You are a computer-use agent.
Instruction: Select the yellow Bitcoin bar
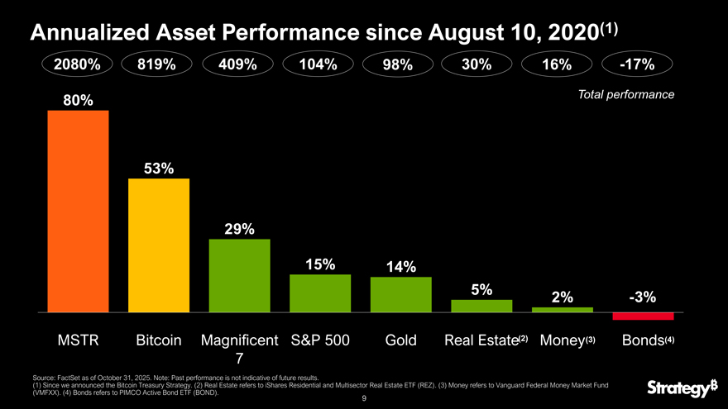159,245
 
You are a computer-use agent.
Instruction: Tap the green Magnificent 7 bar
240,275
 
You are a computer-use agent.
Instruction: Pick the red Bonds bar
643,316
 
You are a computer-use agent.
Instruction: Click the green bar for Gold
401,294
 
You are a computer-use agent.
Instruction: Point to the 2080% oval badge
78,64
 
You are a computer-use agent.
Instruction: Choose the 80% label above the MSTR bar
78,100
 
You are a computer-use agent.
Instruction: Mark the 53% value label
158,169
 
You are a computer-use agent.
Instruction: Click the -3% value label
642,297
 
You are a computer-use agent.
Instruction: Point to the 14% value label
400,267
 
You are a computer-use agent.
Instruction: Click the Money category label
562,340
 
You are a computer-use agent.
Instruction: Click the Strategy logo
681,387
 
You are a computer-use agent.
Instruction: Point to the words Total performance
627,95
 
